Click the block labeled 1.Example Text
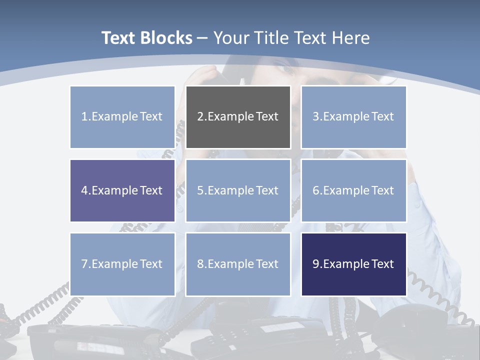tap(122, 117)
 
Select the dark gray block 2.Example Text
tap(238, 117)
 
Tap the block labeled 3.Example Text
tap(353, 117)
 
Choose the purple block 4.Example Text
tap(122, 190)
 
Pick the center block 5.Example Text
tap(238, 190)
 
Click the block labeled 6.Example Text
tap(353, 190)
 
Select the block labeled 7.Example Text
tap(122, 264)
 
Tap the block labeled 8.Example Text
tap(238, 264)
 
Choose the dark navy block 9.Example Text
tap(353, 264)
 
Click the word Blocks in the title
tap(167, 38)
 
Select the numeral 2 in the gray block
tap(200, 117)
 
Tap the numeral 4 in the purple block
tap(84, 190)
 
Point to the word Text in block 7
tap(151, 264)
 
